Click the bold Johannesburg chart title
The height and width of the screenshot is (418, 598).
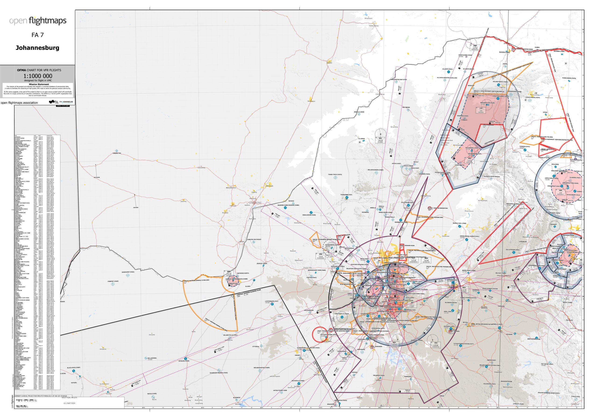[x=38, y=48]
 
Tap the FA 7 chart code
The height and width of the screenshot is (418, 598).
[x=38, y=35]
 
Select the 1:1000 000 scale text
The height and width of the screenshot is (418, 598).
[x=38, y=76]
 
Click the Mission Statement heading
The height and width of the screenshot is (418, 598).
[x=39, y=84]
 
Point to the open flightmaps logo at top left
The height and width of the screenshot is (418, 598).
[x=38, y=21]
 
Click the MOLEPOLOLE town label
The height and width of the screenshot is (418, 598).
[x=231, y=188]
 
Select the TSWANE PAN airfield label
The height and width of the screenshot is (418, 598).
[x=117, y=153]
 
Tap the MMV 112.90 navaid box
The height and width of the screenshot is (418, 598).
[x=229, y=273]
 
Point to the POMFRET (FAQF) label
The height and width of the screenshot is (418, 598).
[x=113, y=281]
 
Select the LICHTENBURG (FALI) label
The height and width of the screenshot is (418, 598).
[x=271, y=301]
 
